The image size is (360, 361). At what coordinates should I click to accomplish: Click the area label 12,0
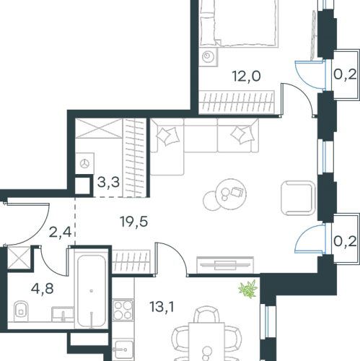(x=246, y=77)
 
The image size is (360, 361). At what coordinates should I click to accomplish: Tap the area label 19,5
(x=134, y=222)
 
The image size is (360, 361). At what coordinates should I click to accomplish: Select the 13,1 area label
(x=162, y=307)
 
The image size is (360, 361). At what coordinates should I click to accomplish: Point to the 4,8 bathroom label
(x=42, y=289)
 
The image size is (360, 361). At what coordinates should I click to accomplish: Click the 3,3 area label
(x=108, y=182)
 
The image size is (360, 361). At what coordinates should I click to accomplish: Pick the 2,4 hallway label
(x=60, y=232)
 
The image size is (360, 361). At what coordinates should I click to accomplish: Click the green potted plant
(x=248, y=289)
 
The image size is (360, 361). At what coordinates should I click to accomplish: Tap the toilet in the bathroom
(x=21, y=311)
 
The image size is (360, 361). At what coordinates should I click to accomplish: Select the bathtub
(x=92, y=291)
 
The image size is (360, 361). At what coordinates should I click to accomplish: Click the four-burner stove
(x=123, y=310)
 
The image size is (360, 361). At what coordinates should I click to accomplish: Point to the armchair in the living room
(x=298, y=198)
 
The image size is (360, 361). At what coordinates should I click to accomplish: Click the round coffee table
(x=231, y=194)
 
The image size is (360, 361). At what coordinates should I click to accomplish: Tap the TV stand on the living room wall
(x=225, y=265)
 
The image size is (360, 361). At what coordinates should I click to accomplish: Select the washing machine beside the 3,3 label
(x=84, y=163)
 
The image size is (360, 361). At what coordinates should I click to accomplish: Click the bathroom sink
(x=63, y=314)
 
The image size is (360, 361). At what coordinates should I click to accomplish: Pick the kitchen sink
(x=123, y=349)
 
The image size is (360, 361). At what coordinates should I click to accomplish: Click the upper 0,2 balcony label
(x=345, y=75)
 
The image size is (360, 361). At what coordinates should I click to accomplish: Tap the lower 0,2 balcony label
(x=345, y=241)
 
